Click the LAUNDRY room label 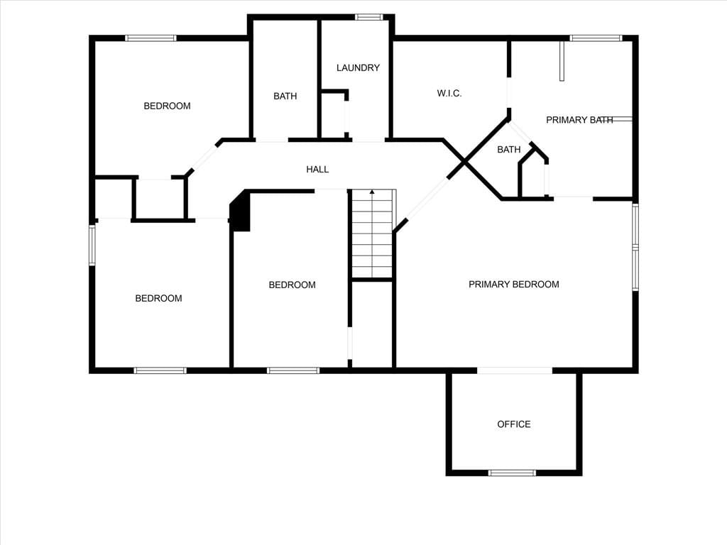click(x=358, y=67)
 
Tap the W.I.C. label click(x=449, y=93)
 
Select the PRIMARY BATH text click(x=579, y=120)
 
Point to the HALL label click(x=317, y=170)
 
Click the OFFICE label click(x=514, y=424)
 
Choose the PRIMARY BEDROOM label click(x=514, y=284)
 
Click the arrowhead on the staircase click(x=372, y=191)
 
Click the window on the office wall click(x=512, y=473)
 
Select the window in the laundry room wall click(x=369, y=17)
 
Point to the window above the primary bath click(x=596, y=38)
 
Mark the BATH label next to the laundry click(x=285, y=96)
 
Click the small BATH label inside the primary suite click(x=508, y=149)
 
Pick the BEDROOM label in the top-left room click(x=167, y=106)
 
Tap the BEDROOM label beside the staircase click(x=292, y=285)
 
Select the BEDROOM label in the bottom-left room click(x=158, y=298)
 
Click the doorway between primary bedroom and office click(x=515, y=370)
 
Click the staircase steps click(x=372, y=233)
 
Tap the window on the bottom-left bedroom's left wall click(x=92, y=245)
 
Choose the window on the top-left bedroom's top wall click(x=151, y=38)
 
